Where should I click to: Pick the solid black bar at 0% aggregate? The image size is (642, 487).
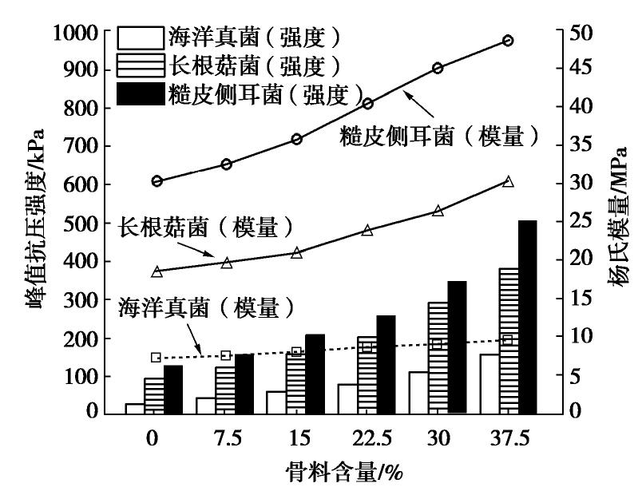tap(173, 389)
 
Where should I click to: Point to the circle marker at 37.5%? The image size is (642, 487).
tap(508, 41)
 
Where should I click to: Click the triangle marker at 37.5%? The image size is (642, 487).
tap(508, 182)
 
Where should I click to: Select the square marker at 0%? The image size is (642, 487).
tap(157, 358)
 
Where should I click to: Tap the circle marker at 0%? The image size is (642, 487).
tap(157, 181)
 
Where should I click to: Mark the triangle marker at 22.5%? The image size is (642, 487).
tap(367, 231)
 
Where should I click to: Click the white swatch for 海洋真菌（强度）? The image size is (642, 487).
tap(140, 36)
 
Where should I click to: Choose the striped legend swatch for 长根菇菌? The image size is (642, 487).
tap(140, 64)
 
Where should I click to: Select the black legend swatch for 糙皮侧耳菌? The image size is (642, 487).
tap(140, 93)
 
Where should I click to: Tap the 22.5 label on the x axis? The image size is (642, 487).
tap(367, 438)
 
